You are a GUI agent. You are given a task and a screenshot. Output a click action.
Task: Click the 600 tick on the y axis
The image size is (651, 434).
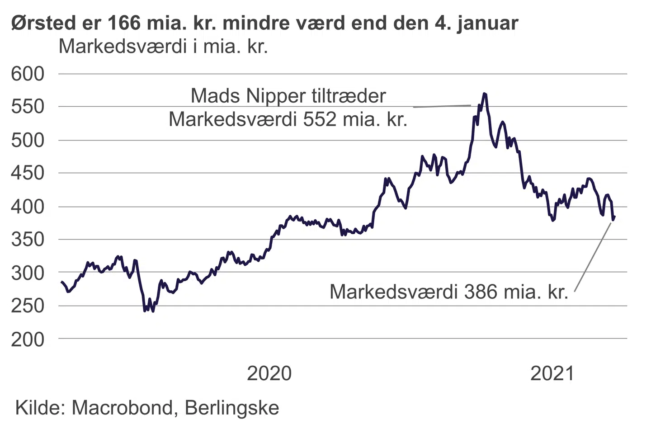(x=28, y=74)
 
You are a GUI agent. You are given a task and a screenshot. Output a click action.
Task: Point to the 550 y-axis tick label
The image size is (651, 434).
(x=28, y=107)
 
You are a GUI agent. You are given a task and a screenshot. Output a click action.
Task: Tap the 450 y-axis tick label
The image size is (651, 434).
(x=28, y=173)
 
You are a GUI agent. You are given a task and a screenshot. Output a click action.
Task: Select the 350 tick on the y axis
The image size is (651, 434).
(x=28, y=239)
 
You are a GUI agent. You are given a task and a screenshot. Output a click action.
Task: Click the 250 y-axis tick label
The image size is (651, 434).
(x=28, y=306)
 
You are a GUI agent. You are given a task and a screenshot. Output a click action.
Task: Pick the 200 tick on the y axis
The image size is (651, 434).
(x=28, y=339)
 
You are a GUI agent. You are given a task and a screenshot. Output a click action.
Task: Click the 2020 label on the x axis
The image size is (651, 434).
(x=269, y=373)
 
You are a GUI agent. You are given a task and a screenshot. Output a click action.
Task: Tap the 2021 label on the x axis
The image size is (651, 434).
(x=552, y=373)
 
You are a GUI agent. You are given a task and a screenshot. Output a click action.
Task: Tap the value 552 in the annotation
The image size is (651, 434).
(x=320, y=119)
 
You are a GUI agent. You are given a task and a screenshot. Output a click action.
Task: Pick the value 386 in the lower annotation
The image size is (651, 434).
(x=481, y=292)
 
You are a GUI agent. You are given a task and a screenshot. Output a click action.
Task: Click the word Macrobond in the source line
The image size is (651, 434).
(x=122, y=408)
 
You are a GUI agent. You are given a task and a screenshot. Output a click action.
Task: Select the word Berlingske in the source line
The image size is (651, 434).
(x=232, y=409)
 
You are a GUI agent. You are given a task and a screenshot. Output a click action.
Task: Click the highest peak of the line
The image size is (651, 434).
(x=484, y=94)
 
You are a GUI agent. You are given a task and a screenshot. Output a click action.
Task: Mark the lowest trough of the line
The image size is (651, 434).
(x=153, y=311)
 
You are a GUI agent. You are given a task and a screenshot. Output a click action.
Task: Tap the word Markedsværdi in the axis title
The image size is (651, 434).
(x=123, y=46)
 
